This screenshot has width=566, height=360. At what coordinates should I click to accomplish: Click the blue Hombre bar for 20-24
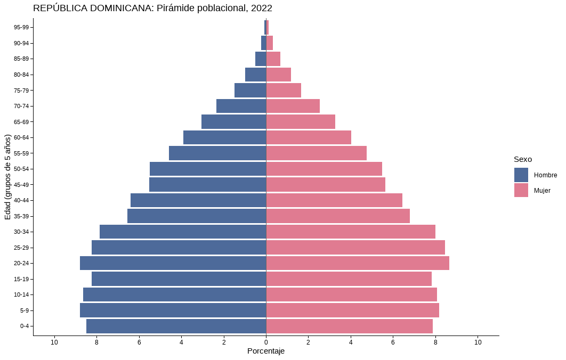[173, 263]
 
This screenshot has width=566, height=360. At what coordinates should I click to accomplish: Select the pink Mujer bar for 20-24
[358, 263]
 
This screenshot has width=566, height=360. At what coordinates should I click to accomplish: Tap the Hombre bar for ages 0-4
[176, 326]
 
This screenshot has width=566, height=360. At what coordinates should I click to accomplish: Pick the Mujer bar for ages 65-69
[301, 122]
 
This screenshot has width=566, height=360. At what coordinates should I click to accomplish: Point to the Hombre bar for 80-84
[255, 75]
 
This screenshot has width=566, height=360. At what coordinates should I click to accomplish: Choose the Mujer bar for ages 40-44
[334, 200]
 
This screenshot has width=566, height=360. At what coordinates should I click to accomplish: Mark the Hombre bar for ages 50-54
[208, 169]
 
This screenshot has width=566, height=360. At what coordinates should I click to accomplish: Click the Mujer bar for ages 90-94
[270, 43]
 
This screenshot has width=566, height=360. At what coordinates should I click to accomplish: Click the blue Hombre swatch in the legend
[521, 175]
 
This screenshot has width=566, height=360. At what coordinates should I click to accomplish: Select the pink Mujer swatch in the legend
[521, 190]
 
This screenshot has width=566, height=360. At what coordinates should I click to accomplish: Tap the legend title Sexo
[523, 159]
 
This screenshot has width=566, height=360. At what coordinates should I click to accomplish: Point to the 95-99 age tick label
[21, 27]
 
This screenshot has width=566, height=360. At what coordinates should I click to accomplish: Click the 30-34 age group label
[21, 232]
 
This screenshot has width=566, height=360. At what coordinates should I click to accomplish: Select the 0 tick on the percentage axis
[266, 342]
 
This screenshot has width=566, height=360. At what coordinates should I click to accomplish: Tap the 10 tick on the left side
[54, 342]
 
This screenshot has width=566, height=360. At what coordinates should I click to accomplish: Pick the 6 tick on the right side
[393, 342]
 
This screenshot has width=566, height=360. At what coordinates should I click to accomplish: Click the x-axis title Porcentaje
[266, 351]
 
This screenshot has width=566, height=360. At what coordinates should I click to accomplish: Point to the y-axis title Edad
[7, 177]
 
